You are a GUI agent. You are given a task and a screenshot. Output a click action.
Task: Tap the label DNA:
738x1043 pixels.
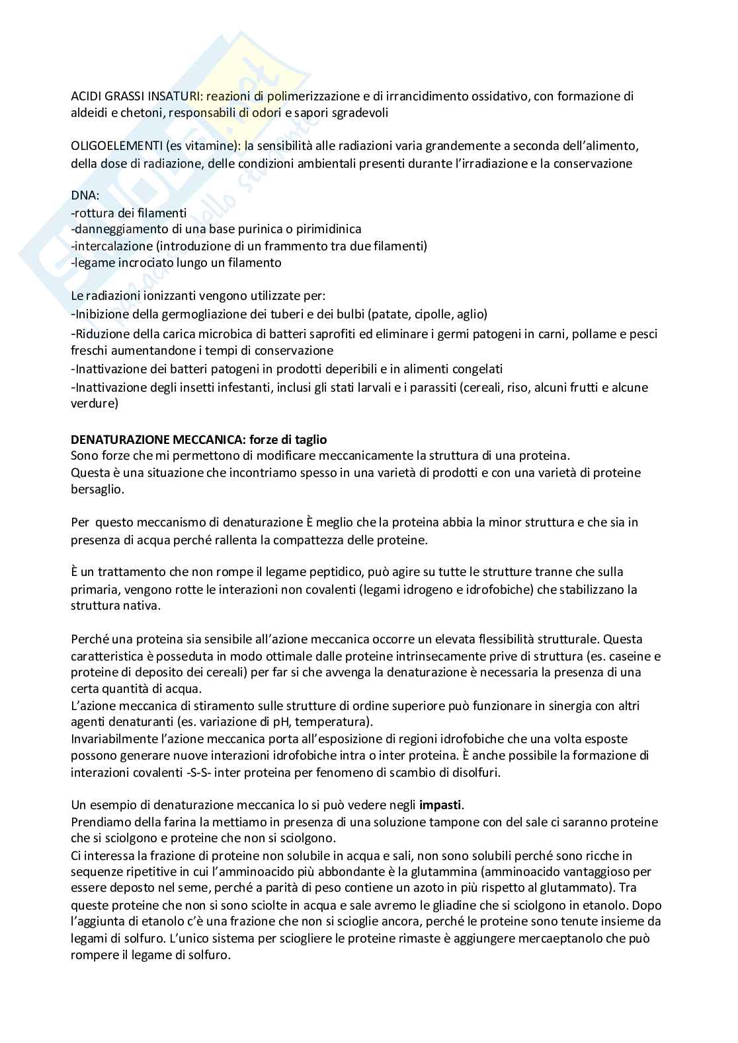(85, 196)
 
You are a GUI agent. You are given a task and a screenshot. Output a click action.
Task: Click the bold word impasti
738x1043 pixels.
(441, 805)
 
